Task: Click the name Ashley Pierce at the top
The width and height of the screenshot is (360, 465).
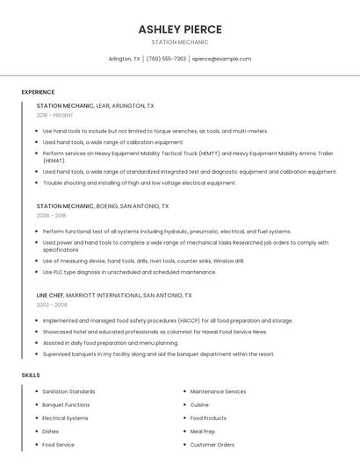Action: pyautogui.click(x=179, y=29)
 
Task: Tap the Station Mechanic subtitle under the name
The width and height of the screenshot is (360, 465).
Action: pyautogui.click(x=179, y=42)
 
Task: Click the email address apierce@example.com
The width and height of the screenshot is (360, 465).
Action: pyautogui.click(x=221, y=59)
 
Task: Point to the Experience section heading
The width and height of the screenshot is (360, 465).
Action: pyautogui.click(x=38, y=92)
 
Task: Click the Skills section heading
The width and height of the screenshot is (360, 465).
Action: pyautogui.click(x=31, y=375)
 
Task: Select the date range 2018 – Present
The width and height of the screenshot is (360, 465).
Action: pyautogui.click(x=54, y=115)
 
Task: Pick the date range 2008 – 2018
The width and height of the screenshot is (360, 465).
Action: pyautogui.click(x=51, y=215)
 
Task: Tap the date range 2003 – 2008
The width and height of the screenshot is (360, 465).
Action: pyautogui.click(x=51, y=304)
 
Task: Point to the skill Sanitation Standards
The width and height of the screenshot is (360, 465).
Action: pyautogui.click(x=68, y=391)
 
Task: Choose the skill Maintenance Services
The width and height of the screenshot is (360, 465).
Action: pyautogui.click(x=218, y=391)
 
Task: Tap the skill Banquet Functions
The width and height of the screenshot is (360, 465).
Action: pyautogui.click(x=66, y=404)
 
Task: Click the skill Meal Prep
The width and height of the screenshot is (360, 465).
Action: pyautogui.click(x=203, y=432)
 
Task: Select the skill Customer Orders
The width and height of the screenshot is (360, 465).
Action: pyautogui.click(x=212, y=445)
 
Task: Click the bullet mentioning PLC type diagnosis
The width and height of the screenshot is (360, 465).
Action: pyautogui.click(x=129, y=272)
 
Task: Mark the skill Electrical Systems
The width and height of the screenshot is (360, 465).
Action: pyautogui.click(x=65, y=418)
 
